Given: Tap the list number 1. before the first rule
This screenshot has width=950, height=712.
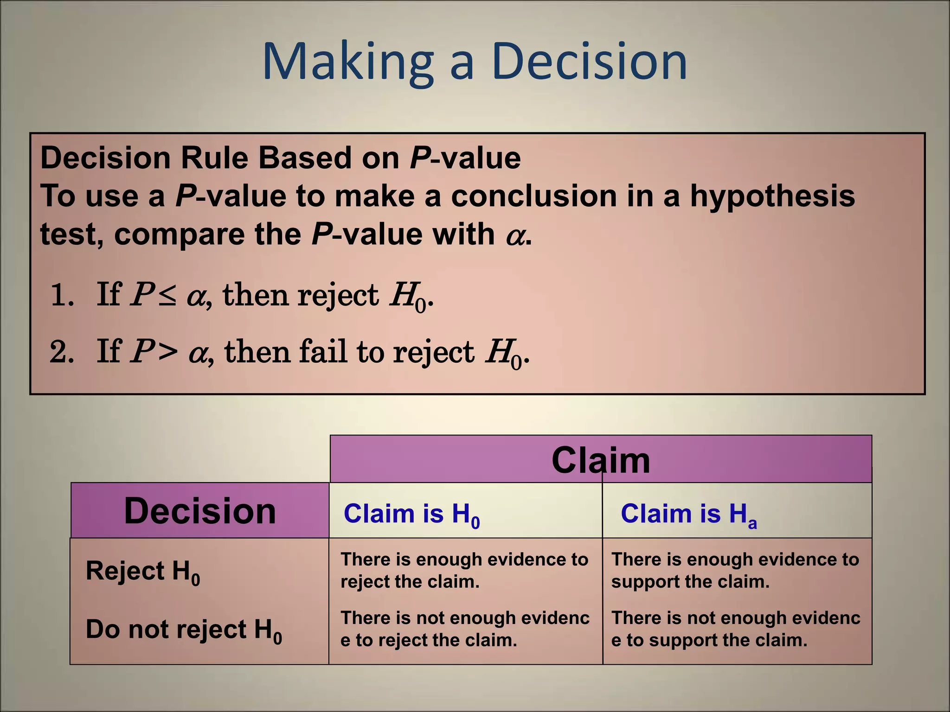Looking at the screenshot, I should pyautogui.click(x=62, y=295).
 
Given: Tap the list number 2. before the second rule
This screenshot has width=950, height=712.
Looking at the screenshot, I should pyautogui.click(x=62, y=351).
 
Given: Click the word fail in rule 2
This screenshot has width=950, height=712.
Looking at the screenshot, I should pyautogui.click(x=322, y=351).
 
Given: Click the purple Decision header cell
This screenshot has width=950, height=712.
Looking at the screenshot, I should pyautogui.click(x=200, y=511).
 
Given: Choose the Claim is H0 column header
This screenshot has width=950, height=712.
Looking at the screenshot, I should pyautogui.click(x=411, y=515).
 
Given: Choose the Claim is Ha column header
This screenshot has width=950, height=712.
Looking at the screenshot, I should pyautogui.click(x=688, y=515).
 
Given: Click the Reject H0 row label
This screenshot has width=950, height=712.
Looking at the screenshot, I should pyautogui.click(x=142, y=571).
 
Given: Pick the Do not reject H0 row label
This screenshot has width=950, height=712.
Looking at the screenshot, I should pyautogui.click(x=184, y=630).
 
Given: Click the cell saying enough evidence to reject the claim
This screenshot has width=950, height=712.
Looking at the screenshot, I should pyautogui.click(x=464, y=570).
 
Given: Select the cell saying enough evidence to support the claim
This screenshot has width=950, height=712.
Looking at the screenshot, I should pyautogui.click(x=735, y=570).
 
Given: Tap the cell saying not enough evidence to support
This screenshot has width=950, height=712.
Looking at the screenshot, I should pyautogui.click(x=735, y=629).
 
